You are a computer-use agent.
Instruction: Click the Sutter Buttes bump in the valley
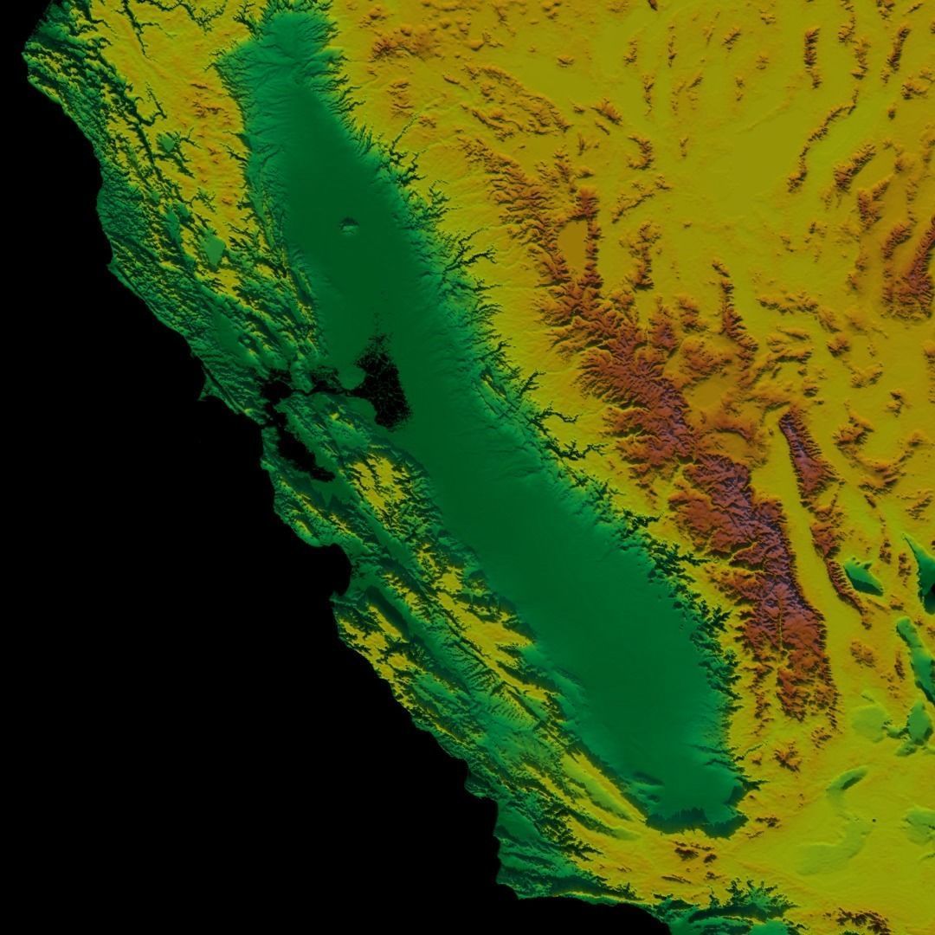(349, 227)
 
